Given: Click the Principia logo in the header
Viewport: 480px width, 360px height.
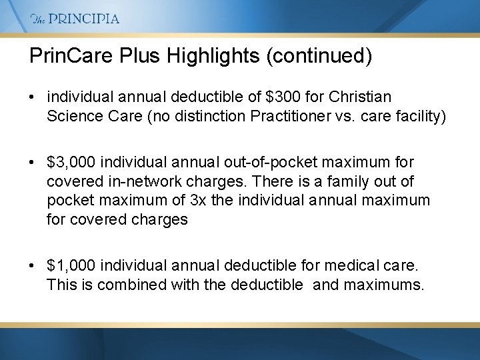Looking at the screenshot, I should click(x=75, y=19).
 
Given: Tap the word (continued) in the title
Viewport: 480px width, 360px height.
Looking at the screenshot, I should click(x=319, y=56).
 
